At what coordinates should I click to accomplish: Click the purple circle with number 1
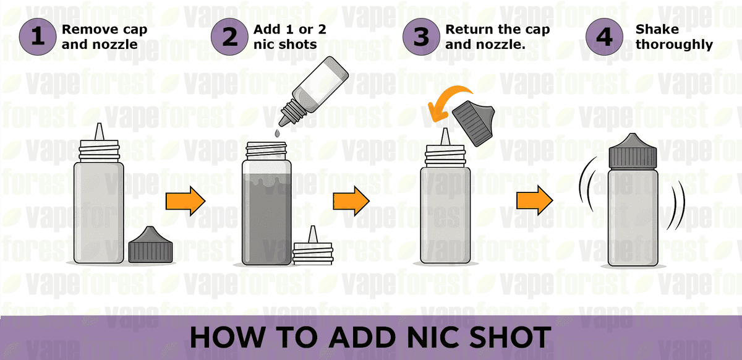click(38, 37)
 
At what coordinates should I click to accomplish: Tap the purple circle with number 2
click(230, 37)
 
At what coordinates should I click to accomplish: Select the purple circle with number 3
click(422, 37)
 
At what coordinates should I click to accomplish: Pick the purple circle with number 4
click(604, 37)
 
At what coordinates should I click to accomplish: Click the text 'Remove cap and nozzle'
click(104, 37)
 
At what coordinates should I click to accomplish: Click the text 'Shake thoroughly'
click(674, 37)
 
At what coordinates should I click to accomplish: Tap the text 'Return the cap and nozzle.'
click(497, 37)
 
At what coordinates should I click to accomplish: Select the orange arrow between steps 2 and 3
click(351, 200)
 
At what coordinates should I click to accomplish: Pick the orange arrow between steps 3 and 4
click(535, 200)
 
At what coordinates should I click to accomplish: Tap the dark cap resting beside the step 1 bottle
click(150, 246)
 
